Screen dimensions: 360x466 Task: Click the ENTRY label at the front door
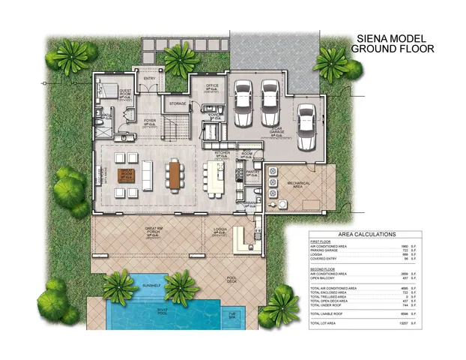pyautogui.click(x=148, y=78)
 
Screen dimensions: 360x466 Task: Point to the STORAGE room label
pyautogui.click(x=178, y=103)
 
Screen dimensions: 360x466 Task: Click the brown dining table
pyautogui.click(x=175, y=175)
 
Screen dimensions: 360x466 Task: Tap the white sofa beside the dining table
pyautogui.click(x=147, y=175)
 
